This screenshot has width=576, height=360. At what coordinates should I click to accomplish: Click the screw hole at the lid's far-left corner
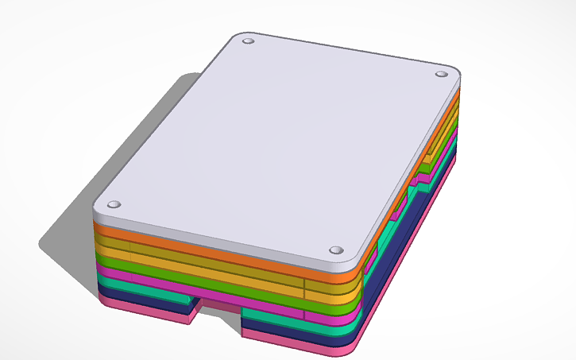click(248, 40)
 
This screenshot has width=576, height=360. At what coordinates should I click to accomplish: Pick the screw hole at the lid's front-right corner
click(334, 250)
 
